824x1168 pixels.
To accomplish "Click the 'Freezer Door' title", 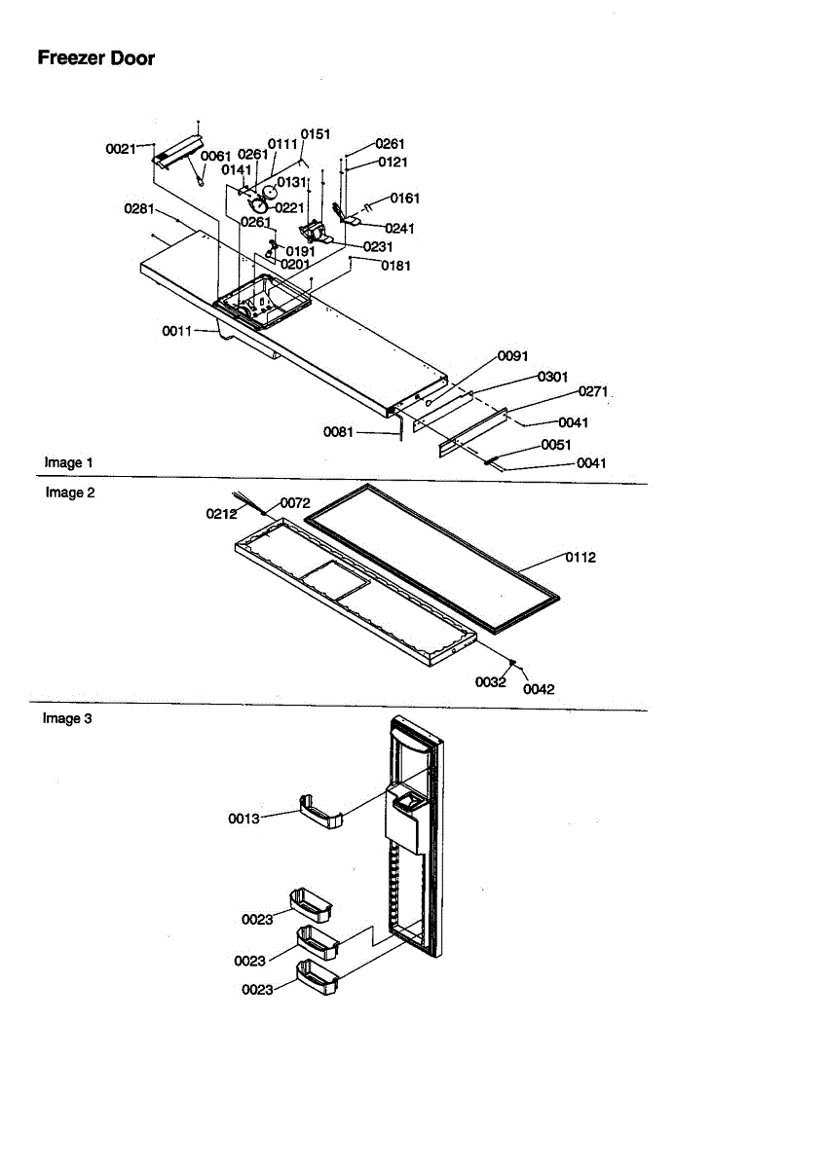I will click(x=95, y=57).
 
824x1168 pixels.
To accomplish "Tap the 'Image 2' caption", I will click(x=70, y=493).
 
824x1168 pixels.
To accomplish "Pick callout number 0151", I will click(x=315, y=133).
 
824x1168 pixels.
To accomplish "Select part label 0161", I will click(x=405, y=199).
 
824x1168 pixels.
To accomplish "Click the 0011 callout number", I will click(x=176, y=332).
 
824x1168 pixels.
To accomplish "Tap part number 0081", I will click(x=338, y=432).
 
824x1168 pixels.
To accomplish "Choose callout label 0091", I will click(x=513, y=356).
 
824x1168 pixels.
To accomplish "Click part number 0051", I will click(x=556, y=445).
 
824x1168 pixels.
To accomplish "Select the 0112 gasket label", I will click(x=581, y=558).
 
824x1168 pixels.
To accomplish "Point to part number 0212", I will click(x=220, y=514).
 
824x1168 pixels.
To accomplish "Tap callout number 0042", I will click(x=539, y=689).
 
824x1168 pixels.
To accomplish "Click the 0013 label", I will click(x=243, y=819).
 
